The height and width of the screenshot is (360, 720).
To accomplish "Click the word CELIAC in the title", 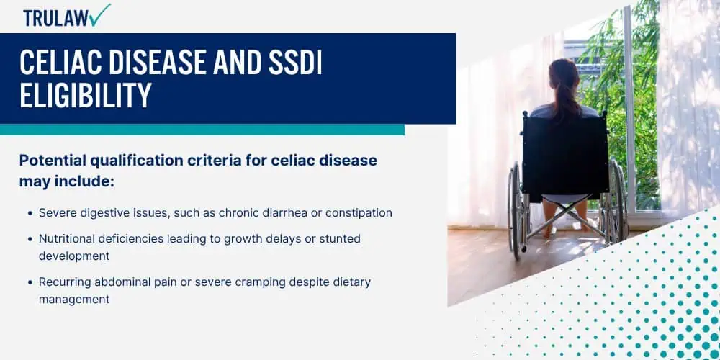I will [x=63, y=64].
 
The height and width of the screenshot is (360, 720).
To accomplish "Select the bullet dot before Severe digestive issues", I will [x=30, y=214].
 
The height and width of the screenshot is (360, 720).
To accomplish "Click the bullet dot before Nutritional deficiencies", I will [x=30, y=238].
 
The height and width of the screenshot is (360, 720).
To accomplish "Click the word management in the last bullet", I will [x=74, y=299].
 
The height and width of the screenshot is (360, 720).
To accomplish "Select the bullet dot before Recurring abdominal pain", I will [x=30, y=282].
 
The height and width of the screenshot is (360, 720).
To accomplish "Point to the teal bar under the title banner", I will [x=202, y=130].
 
